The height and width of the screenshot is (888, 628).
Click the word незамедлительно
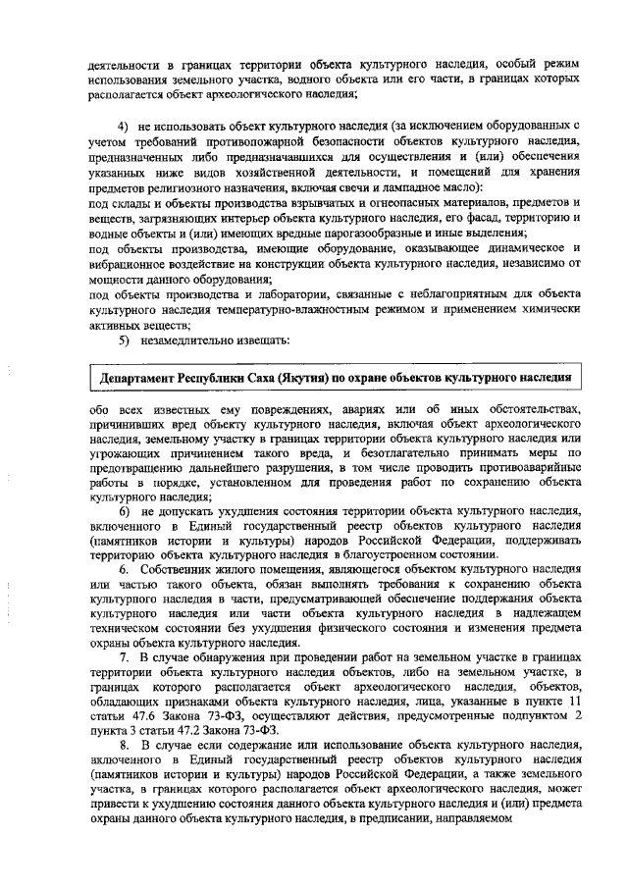coord(194,340)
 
